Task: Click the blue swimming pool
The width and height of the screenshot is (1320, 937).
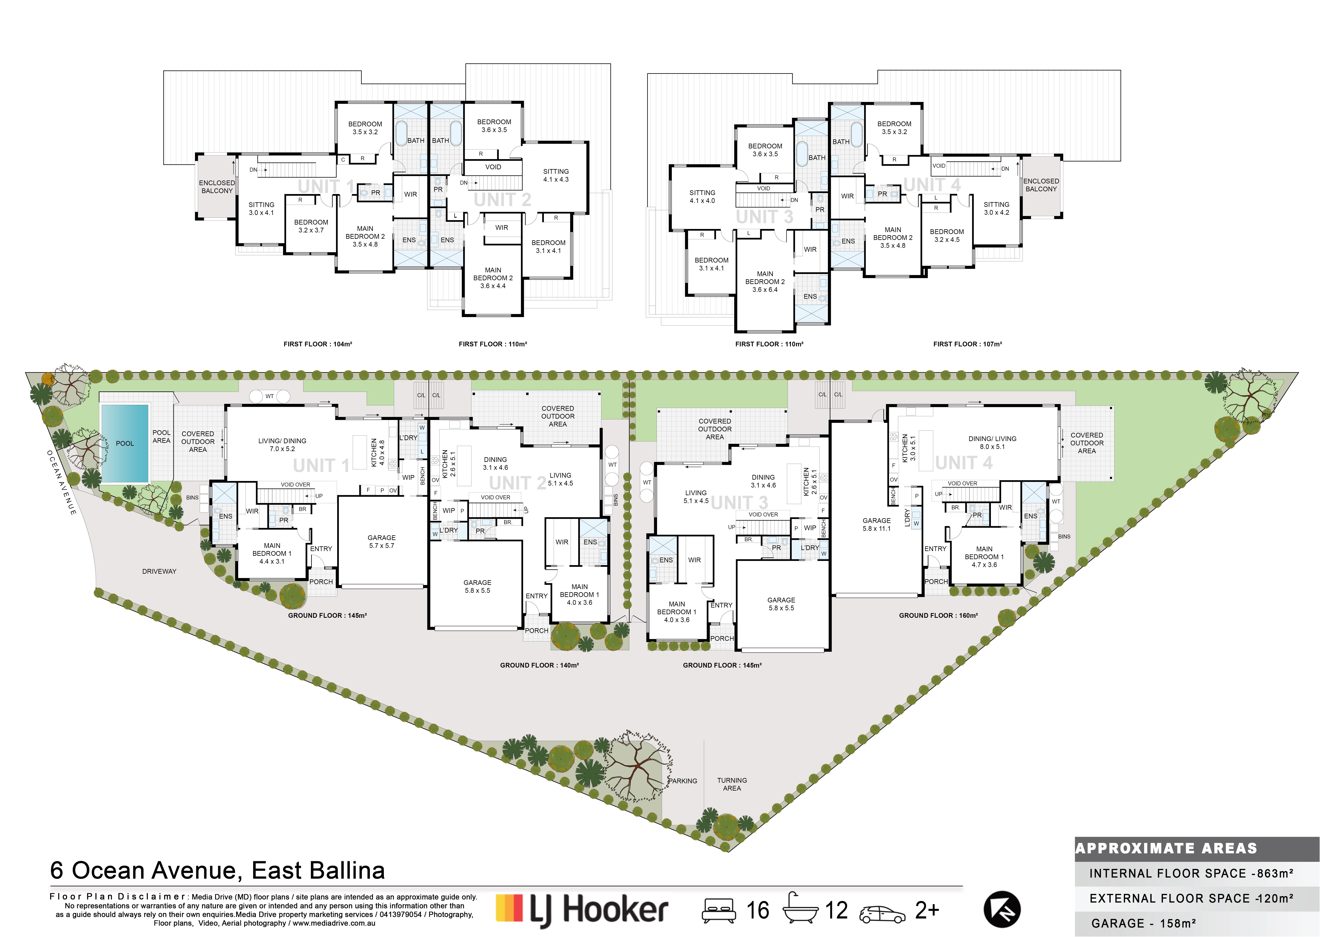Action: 125,443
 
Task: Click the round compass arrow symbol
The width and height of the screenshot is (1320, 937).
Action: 1002,910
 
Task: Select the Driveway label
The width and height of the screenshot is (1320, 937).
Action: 159,571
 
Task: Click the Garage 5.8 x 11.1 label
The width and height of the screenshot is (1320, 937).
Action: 876,524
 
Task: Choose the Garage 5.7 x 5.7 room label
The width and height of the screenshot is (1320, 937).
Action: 381,541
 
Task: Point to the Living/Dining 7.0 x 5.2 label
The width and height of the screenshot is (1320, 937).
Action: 282,445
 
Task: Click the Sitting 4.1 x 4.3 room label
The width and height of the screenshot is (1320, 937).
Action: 555,175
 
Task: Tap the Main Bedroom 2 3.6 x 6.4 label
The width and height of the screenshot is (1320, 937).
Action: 765,282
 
